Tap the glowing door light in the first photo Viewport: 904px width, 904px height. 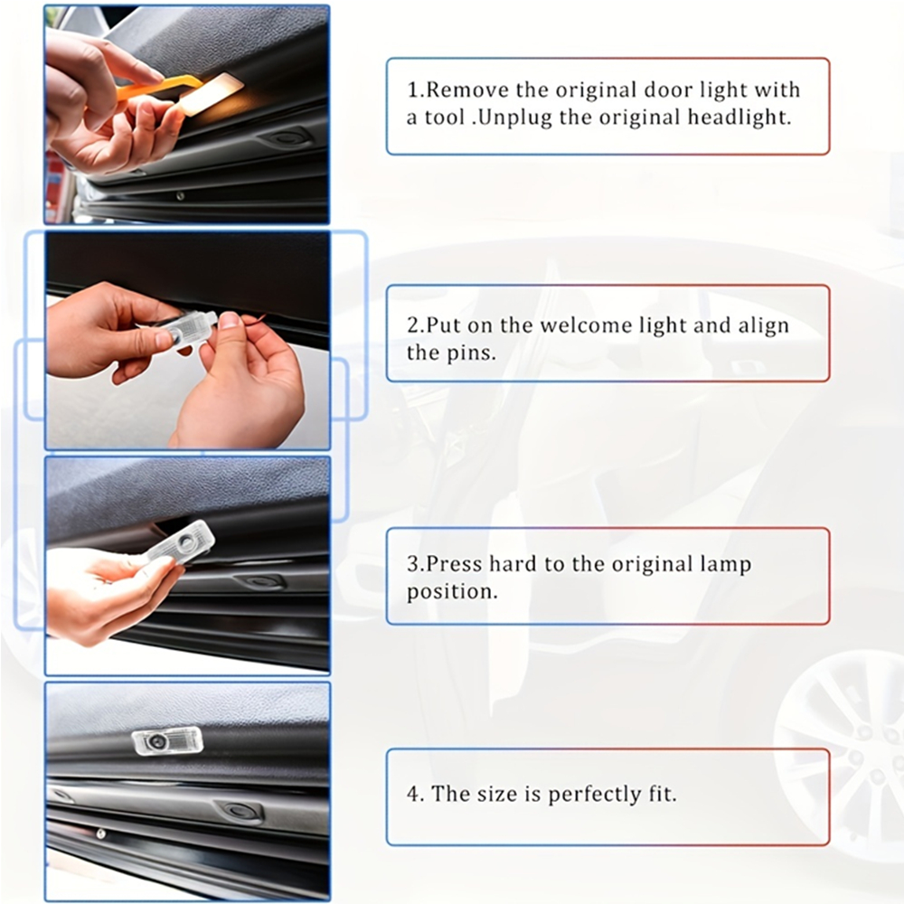click(212, 94)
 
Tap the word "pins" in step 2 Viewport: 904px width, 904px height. click(475, 353)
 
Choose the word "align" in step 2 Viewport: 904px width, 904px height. click(765, 325)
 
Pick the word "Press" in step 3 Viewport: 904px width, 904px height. click(453, 564)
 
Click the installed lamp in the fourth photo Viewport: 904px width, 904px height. click(167, 740)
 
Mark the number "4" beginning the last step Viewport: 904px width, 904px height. click(414, 795)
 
